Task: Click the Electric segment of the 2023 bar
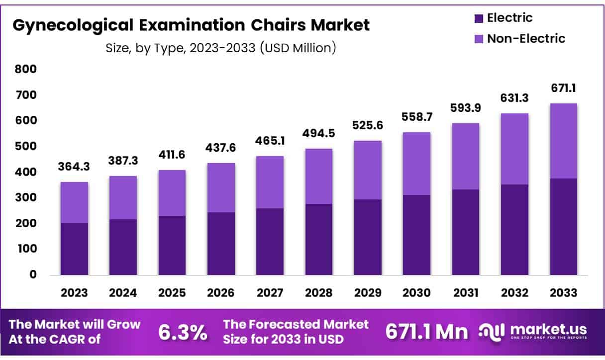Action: [74, 249]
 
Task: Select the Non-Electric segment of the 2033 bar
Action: [563, 141]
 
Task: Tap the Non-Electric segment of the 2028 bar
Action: [318, 176]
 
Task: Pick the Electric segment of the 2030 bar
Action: [416, 235]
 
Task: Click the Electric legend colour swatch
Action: [478, 19]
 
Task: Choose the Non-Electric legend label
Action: [526, 38]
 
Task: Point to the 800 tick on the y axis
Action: [26, 69]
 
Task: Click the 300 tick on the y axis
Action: [26, 197]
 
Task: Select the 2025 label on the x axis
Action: [172, 292]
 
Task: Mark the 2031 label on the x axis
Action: [465, 292]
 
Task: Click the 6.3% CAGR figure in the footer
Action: [183, 333]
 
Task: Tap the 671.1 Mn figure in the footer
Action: [427, 333]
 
